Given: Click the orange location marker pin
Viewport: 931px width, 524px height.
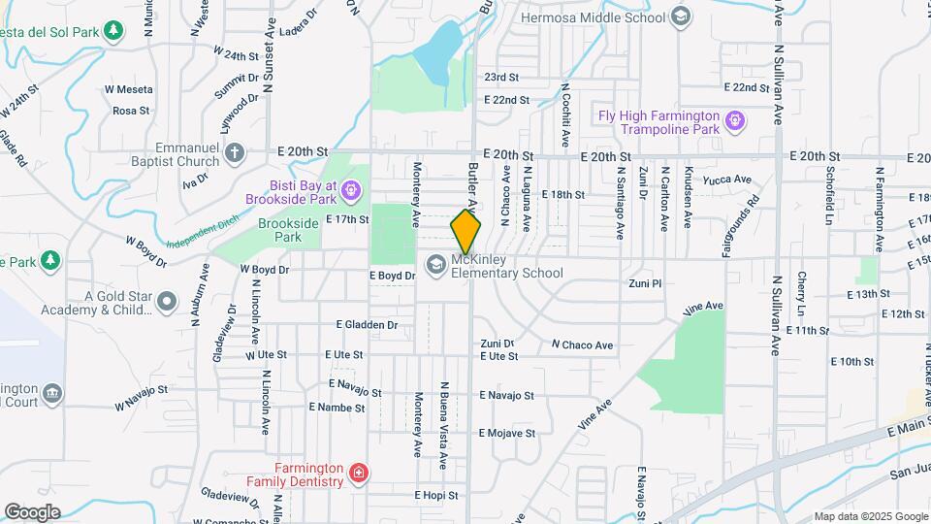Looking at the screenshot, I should click(465, 232).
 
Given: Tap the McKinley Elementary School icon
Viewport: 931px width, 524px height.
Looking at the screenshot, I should click(435, 264).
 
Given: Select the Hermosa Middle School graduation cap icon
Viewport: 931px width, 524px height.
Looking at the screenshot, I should click(681, 15).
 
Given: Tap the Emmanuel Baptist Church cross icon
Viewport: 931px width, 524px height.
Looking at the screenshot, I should click(234, 152).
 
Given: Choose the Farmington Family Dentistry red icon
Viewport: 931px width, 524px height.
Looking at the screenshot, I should click(359, 474).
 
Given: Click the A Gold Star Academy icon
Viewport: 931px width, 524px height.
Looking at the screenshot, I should click(167, 302).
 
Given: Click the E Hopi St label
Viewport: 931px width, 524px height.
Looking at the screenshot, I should click(435, 495).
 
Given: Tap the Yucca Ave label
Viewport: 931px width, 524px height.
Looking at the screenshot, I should click(730, 180).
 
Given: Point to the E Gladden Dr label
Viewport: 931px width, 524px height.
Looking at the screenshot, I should click(367, 325).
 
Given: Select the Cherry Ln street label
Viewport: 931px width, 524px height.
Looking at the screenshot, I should click(802, 292).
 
